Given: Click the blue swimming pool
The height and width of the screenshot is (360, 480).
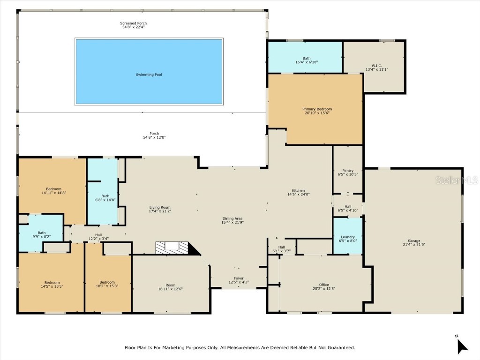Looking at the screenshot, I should coord(149,71).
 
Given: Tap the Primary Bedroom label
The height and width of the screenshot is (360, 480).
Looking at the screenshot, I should coord(317,109).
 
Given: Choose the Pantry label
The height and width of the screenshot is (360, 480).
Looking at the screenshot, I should coord(347,171).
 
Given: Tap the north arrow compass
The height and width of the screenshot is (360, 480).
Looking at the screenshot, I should coord(462,346).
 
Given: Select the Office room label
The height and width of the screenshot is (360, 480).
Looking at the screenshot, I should coord(324,285).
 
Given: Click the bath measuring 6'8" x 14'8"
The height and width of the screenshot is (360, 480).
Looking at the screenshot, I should coord(102,197).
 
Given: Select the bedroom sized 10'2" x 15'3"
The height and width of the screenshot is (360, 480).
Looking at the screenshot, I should coord(107,284).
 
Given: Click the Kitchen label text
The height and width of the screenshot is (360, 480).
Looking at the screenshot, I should coord(299,191).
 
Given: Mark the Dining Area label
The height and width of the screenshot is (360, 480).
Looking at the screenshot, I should coord(232,218).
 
